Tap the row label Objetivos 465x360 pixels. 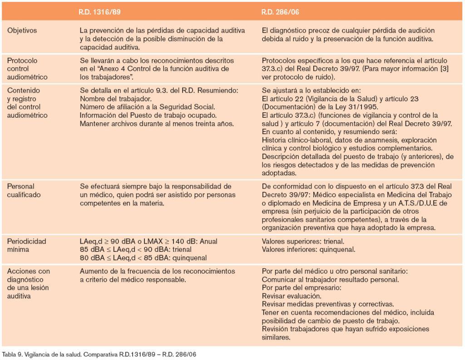coord(22,31)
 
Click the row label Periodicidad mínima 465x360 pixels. coord(27,245)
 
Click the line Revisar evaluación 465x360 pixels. coord(291,295)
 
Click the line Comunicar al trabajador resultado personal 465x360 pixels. coord(331,279)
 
